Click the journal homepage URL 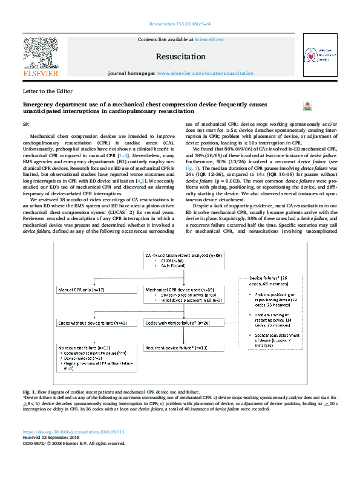[x=205, y=73]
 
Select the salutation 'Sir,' [x=25, y=123]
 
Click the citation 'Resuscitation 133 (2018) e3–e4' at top [x=180, y=24]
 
